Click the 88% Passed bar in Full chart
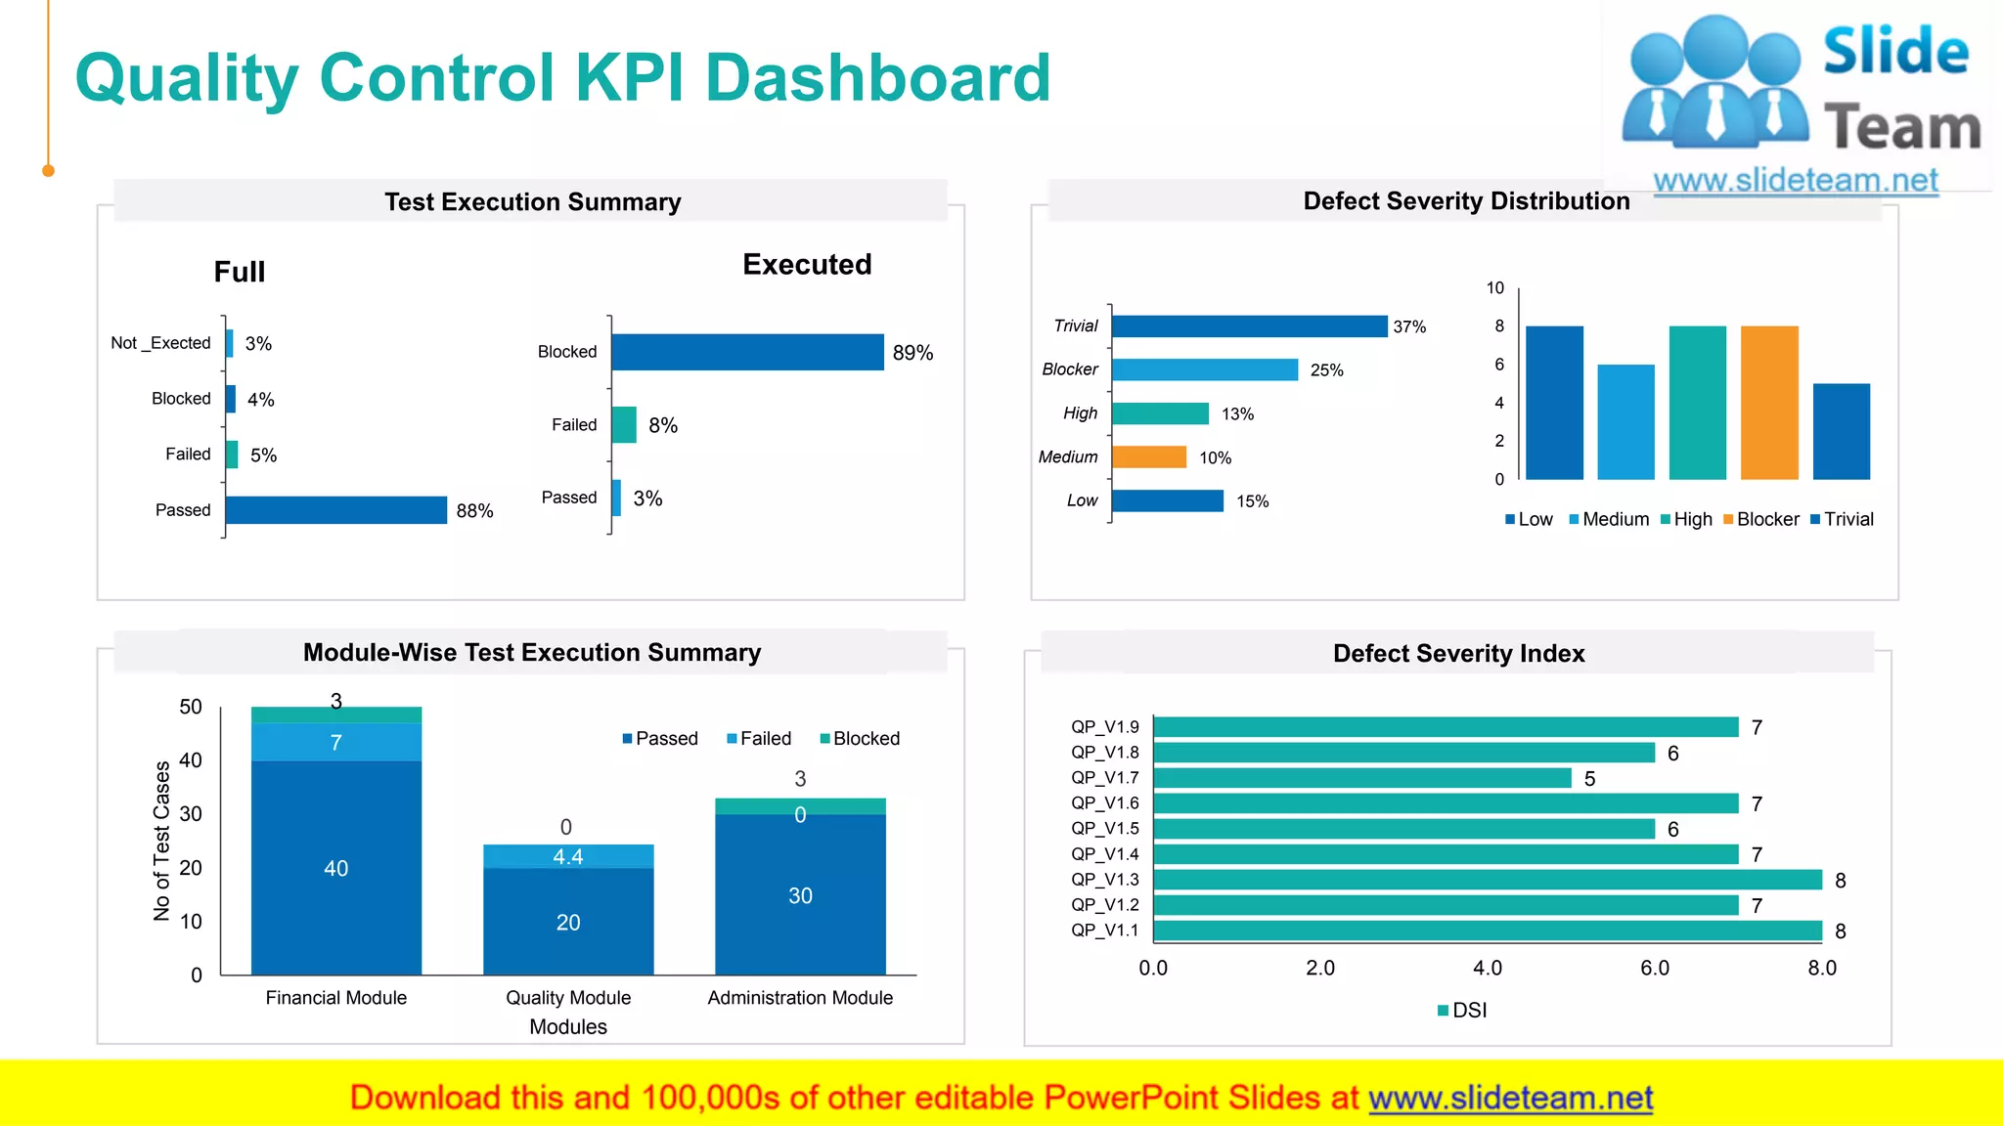coord(335,510)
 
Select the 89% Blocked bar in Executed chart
coord(747,352)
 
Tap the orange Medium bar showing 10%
coord(1148,457)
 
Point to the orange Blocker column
coord(1769,403)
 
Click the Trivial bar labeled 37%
coord(1249,326)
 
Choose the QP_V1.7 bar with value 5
coord(1362,778)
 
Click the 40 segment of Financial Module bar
coord(335,868)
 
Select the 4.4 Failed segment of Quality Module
coord(568,857)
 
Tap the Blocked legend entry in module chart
coord(860,739)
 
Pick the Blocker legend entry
coord(1761,519)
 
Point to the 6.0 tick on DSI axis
coord(1655,968)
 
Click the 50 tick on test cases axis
coord(191,707)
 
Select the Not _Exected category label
coord(160,343)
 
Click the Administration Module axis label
coord(800,998)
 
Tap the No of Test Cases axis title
coord(161,841)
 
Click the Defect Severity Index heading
coord(1458,653)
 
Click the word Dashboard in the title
coord(877,77)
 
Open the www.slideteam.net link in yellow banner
coord(1510,1098)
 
